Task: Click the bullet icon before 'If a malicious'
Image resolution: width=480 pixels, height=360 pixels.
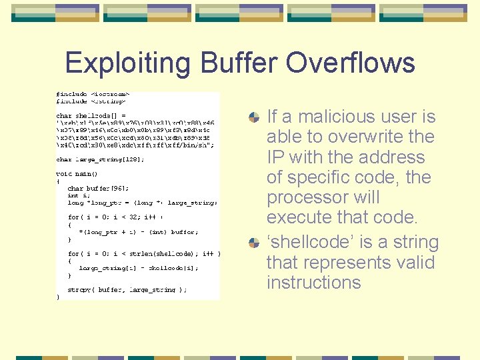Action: tap(254, 117)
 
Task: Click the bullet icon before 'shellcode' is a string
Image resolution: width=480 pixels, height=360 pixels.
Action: tap(254, 243)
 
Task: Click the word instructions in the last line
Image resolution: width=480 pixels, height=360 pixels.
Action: tap(313, 283)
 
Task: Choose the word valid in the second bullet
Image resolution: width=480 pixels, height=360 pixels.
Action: tap(411, 263)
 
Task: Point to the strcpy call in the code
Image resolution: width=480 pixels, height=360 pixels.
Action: tap(127, 290)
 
